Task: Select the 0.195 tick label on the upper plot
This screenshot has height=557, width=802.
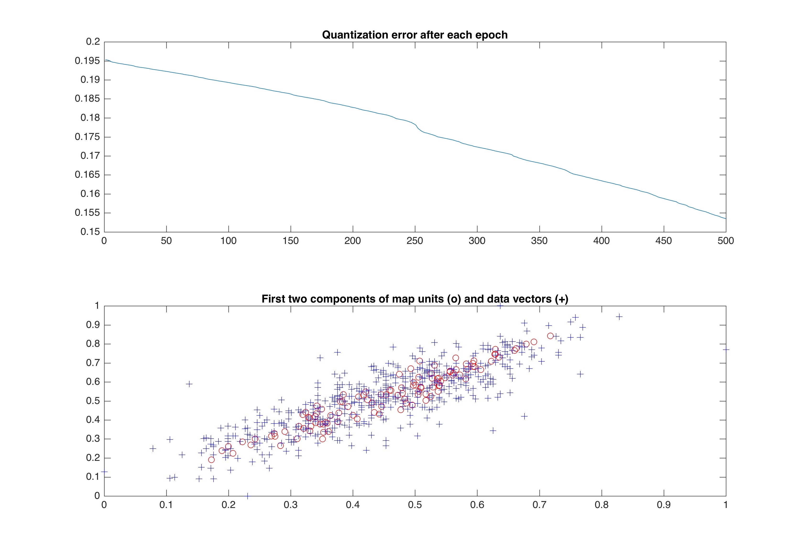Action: [87, 61]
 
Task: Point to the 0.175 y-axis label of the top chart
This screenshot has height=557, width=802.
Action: [87, 137]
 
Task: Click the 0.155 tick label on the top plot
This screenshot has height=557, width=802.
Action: [87, 213]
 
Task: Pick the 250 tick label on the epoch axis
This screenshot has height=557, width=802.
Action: [415, 241]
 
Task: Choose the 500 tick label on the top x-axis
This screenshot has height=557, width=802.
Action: [726, 241]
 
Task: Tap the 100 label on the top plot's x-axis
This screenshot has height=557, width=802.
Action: [229, 241]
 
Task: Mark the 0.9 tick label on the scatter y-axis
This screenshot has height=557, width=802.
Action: [93, 325]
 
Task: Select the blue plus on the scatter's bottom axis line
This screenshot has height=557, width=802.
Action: [247, 496]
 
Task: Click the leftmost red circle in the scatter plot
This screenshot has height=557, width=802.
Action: [211, 460]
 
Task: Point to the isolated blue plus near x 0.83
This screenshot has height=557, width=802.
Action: [619, 317]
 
